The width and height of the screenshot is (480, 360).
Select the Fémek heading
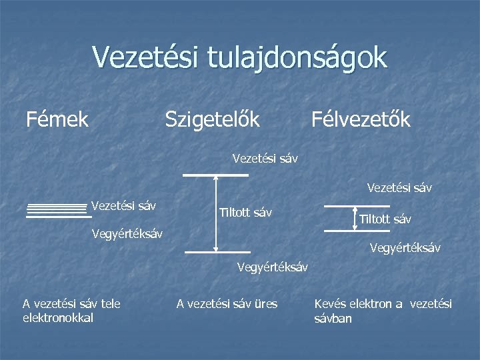[x=57, y=119]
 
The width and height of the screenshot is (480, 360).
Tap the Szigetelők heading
[x=212, y=119]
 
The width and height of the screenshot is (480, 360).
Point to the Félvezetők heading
[x=361, y=119]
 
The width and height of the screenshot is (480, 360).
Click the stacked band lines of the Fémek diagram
[x=58, y=211]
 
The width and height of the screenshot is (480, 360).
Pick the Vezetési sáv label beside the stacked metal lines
[x=123, y=205]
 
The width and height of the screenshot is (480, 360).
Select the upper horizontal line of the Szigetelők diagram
[x=215, y=175]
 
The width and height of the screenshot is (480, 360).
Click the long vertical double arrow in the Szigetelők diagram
[x=215, y=214]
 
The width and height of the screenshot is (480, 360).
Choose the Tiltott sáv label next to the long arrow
[x=245, y=213]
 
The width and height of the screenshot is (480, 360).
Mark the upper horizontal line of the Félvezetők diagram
[x=347, y=207]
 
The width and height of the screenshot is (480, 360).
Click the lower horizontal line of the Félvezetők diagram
[x=347, y=230]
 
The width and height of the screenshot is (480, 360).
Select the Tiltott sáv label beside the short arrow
[x=385, y=219]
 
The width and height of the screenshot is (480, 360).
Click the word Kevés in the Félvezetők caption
[x=330, y=304]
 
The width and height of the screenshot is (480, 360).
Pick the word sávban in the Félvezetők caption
[x=333, y=319]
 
